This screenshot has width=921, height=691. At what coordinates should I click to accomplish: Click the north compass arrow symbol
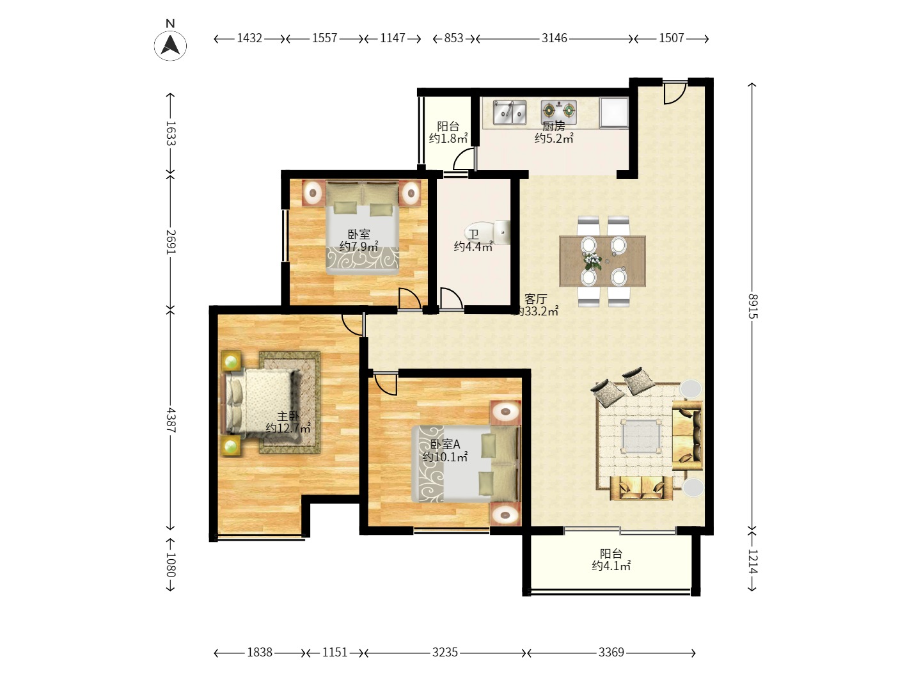[x=170, y=45]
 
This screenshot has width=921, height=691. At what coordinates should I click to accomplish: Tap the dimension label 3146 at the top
[x=554, y=38]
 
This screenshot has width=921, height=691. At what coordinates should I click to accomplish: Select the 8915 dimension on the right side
[x=753, y=306]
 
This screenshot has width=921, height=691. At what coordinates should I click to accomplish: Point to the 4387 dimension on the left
[x=171, y=420]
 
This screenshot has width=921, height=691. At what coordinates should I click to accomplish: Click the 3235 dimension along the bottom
[x=445, y=653]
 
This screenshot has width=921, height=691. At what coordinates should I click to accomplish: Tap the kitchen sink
[x=509, y=113]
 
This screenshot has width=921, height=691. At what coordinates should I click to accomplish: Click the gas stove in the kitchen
[x=558, y=111]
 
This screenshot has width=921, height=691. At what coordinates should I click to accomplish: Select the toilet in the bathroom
[x=488, y=232]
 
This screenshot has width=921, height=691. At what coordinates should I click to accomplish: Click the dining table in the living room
[x=602, y=261]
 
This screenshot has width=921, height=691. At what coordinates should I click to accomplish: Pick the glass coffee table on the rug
[x=641, y=436]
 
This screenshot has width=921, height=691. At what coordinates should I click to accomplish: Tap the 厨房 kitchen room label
[x=553, y=126]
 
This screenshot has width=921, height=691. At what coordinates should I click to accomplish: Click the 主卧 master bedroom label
[x=288, y=416]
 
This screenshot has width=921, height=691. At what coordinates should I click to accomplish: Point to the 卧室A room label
[x=445, y=444]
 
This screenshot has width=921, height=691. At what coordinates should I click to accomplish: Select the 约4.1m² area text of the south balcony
[x=611, y=566]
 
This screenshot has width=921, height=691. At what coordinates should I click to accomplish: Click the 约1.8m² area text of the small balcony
[x=448, y=138]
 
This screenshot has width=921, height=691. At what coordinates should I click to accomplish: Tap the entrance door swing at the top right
[x=675, y=92]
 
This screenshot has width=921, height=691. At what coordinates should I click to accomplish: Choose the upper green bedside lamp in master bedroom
[x=231, y=361]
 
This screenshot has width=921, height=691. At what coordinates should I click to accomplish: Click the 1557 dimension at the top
[x=324, y=38]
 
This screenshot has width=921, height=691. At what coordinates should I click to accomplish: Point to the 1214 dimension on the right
[x=753, y=561]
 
